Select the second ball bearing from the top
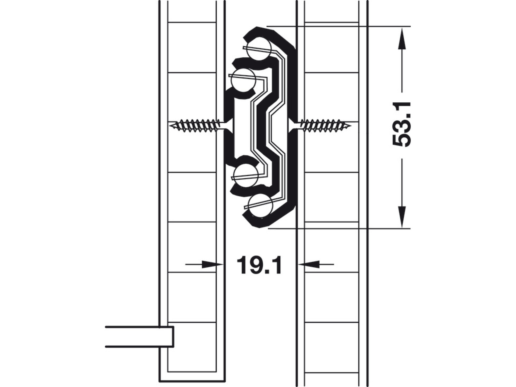click(243, 81)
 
